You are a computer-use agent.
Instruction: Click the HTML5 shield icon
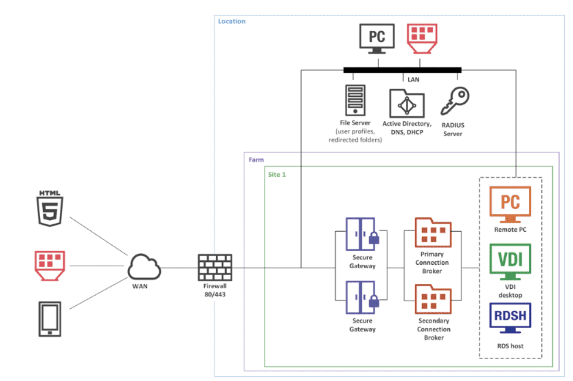pyautogui.click(x=50, y=209)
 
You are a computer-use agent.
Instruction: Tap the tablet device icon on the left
pyautogui.click(x=49, y=319)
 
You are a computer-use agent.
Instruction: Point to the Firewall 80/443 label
pyautogui.click(x=214, y=290)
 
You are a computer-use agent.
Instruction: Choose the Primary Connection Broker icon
pyautogui.click(x=433, y=233)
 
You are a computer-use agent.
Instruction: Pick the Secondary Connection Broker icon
pyautogui.click(x=433, y=299)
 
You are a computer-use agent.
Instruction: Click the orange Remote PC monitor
pyautogui.click(x=510, y=204)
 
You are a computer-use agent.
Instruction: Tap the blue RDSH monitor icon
pyautogui.click(x=510, y=318)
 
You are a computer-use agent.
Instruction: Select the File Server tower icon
pyautogui.click(x=355, y=100)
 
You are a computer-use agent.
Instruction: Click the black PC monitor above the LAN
pyautogui.click(x=377, y=38)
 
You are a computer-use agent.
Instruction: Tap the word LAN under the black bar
pyautogui.click(x=413, y=80)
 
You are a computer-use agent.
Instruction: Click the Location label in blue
pyautogui.click(x=232, y=21)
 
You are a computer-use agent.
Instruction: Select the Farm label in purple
pyautogui.click(x=256, y=160)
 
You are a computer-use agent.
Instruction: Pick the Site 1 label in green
pyautogui.click(x=277, y=175)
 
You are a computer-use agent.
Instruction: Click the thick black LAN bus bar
pyautogui.click(x=402, y=70)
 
